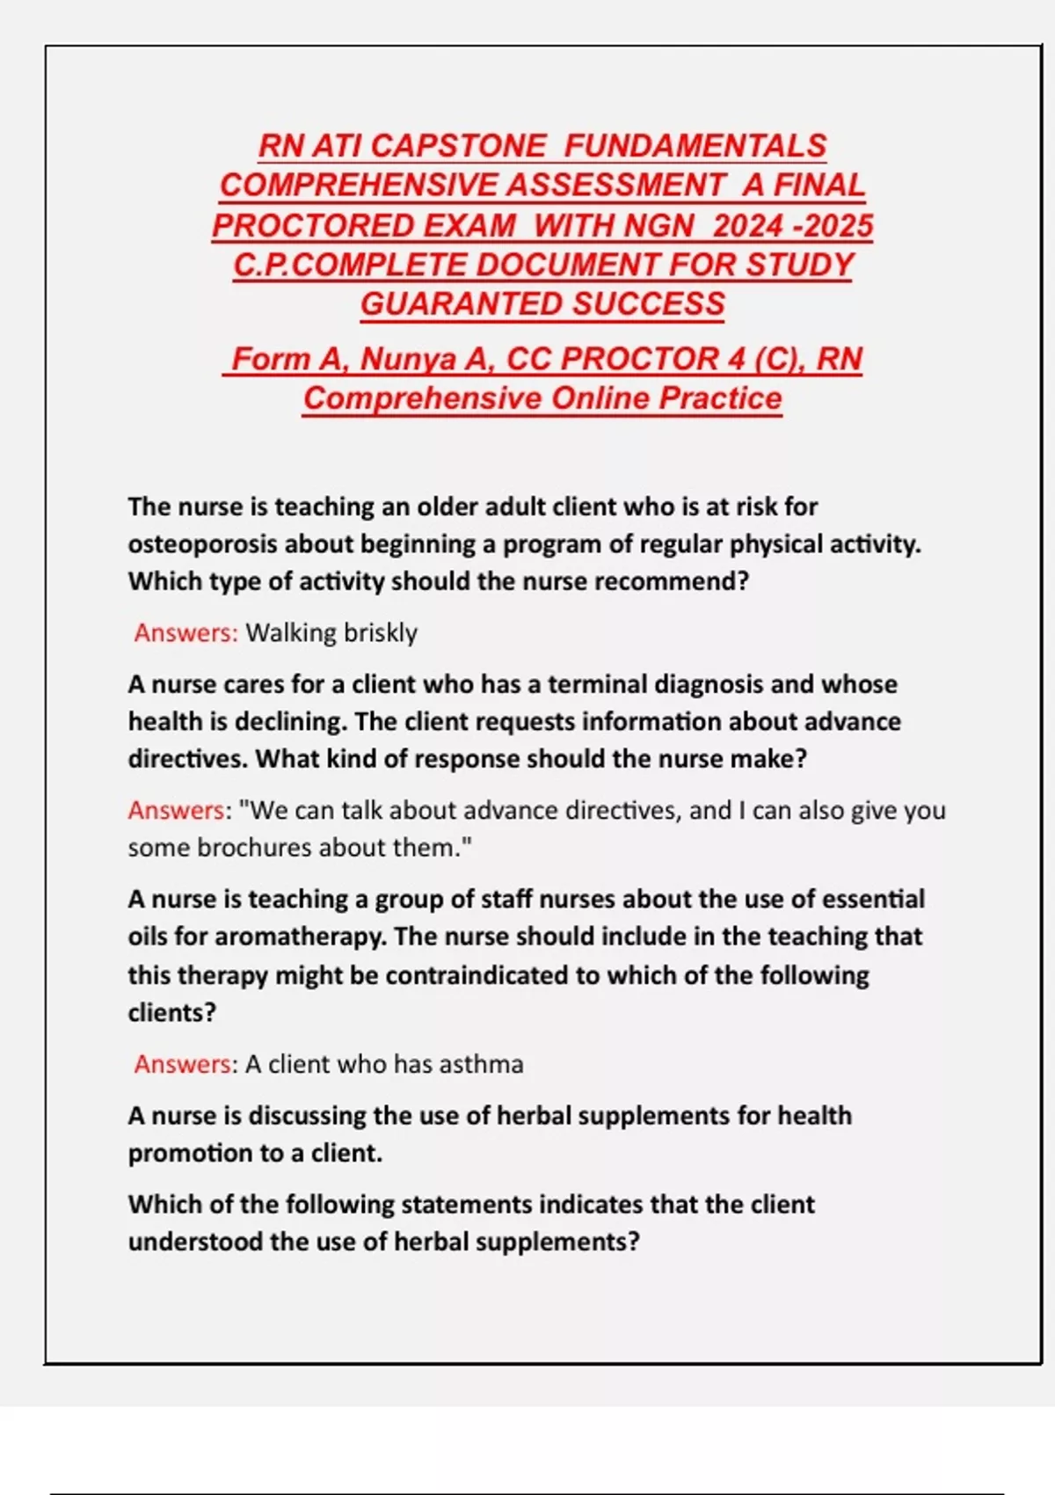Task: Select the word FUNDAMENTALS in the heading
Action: [x=695, y=146]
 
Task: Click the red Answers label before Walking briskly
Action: [x=186, y=633]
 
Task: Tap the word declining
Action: [x=290, y=722]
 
